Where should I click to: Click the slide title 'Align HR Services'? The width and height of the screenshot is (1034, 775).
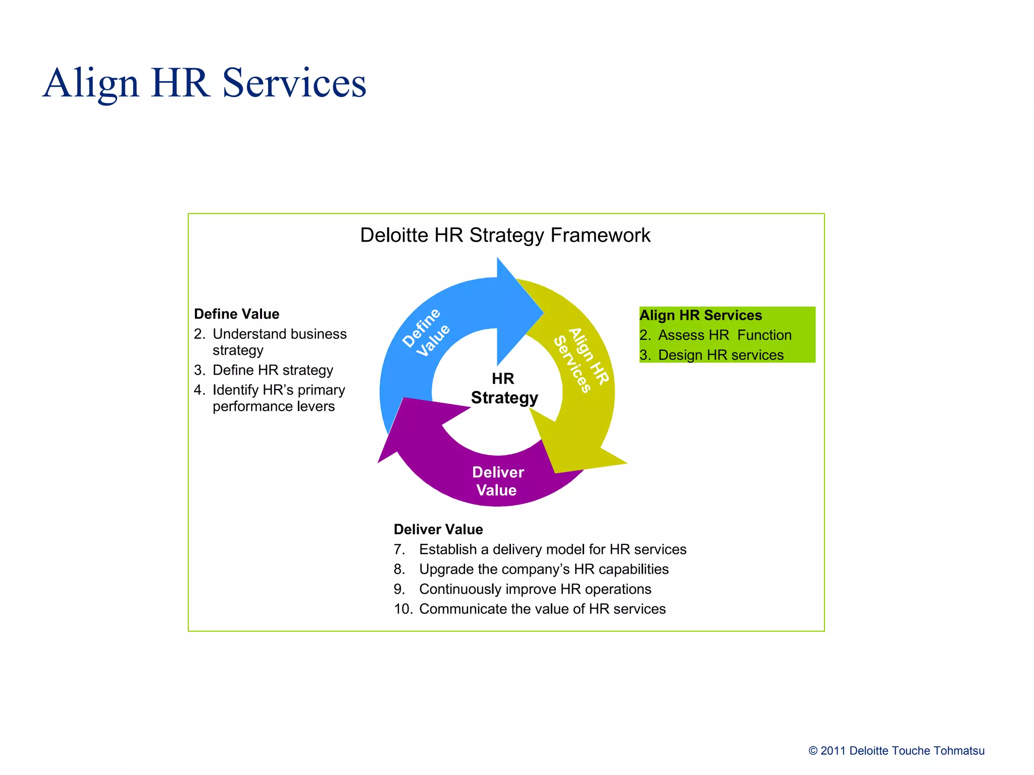click(204, 83)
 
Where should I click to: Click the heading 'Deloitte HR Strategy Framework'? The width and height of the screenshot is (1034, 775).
click(505, 235)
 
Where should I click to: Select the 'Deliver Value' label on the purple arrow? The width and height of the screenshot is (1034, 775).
click(497, 481)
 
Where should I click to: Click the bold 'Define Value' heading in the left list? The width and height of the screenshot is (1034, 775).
click(236, 314)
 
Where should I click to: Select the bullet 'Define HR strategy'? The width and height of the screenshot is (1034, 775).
click(273, 370)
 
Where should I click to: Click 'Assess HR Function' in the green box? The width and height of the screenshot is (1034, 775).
click(725, 335)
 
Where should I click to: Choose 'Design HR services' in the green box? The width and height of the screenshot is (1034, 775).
click(720, 355)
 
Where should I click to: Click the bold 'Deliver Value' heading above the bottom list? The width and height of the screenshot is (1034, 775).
click(438, 529)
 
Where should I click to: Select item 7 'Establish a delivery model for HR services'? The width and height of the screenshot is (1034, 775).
click(552, 549)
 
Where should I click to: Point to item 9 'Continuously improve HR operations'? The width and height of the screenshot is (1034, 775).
click(535, 589)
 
